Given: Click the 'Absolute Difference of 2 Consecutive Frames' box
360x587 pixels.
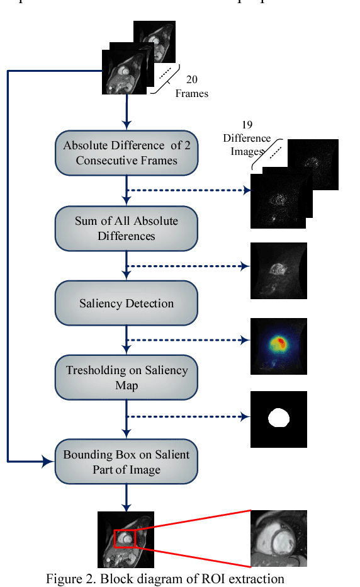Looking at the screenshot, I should coord(127,153).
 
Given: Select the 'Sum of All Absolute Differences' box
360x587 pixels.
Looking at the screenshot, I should coord(127,228).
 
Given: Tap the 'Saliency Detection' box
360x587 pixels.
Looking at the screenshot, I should coord(127,304).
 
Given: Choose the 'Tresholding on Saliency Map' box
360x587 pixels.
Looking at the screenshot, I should coord(127,377).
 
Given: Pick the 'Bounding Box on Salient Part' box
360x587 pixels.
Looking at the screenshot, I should coord(127,462).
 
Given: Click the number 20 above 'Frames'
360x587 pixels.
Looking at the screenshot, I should coord(192,80).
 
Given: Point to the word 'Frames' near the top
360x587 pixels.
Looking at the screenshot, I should coord(191,93).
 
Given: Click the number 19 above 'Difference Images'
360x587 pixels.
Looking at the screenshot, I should coord(247,125).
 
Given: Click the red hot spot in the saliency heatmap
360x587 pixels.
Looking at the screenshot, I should coord(280,343).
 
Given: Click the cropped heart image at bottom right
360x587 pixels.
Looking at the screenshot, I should coord(278,539).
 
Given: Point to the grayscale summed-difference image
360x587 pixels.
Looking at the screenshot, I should coord(278,270).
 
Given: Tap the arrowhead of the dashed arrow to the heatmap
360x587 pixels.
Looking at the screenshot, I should coord(245,341).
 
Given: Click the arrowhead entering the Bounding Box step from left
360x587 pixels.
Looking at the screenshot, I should coord(50,462).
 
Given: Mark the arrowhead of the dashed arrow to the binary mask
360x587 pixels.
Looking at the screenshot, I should coord(245,416).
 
